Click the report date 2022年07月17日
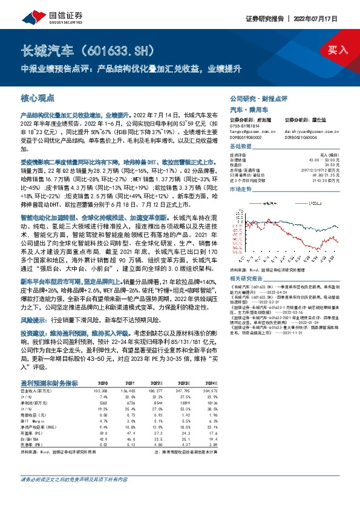(x=329, y=18)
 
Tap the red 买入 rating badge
(x=336, y=50)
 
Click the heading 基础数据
(x=241, y=148)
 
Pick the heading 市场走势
(x=241, y=189)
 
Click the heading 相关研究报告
(x=246, y=278)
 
